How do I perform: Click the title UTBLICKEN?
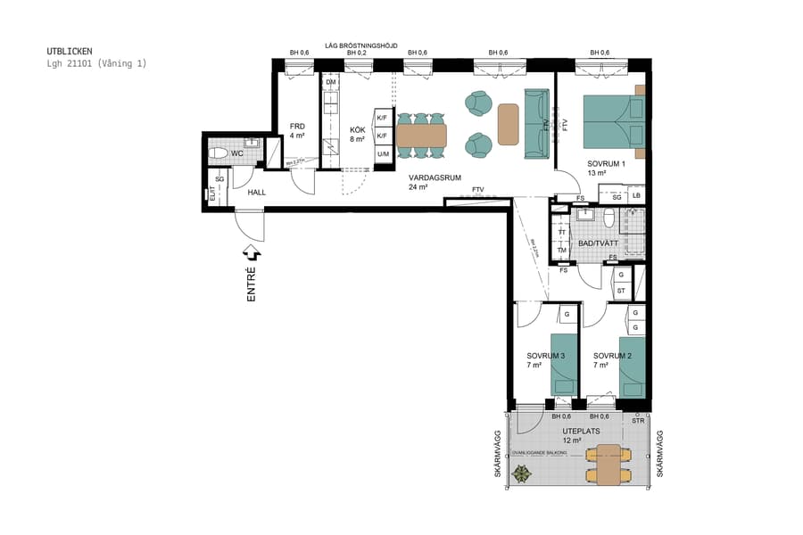pos(70,52)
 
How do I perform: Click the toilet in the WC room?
pos(218,153)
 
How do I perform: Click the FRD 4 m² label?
pos(297,131)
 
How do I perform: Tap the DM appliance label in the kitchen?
pos(330,83)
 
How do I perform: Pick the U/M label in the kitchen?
pos(383,154)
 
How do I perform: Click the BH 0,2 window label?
pos(357,53)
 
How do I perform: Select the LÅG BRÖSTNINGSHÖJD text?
pos(361,45)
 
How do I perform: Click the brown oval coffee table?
pos(508,124)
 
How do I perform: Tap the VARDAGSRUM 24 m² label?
pos(435,182)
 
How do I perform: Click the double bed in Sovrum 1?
pos(613,122)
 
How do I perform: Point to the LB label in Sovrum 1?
pos(635,195)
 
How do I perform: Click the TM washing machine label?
pos(561,251)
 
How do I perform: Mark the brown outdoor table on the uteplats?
pos(608,465)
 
